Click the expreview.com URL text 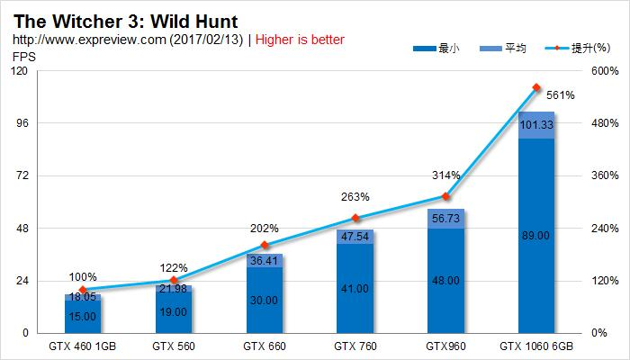tap(125, 40)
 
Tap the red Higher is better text tap(296, 40)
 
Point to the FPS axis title tap(22, 57)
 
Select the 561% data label tap(560, 94)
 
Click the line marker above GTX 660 tap(265, 245)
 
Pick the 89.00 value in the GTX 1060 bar tap(535, 236)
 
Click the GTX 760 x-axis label tap(355, 346)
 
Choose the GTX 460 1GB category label tap(83, 346)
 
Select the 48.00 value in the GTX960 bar tap(445, 281)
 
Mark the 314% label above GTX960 tap(445, 175)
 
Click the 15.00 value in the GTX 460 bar tap(83, 316)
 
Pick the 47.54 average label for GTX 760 tap(355, 237)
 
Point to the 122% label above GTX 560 tap(174, 268)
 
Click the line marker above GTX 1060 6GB tap(536, 88)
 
